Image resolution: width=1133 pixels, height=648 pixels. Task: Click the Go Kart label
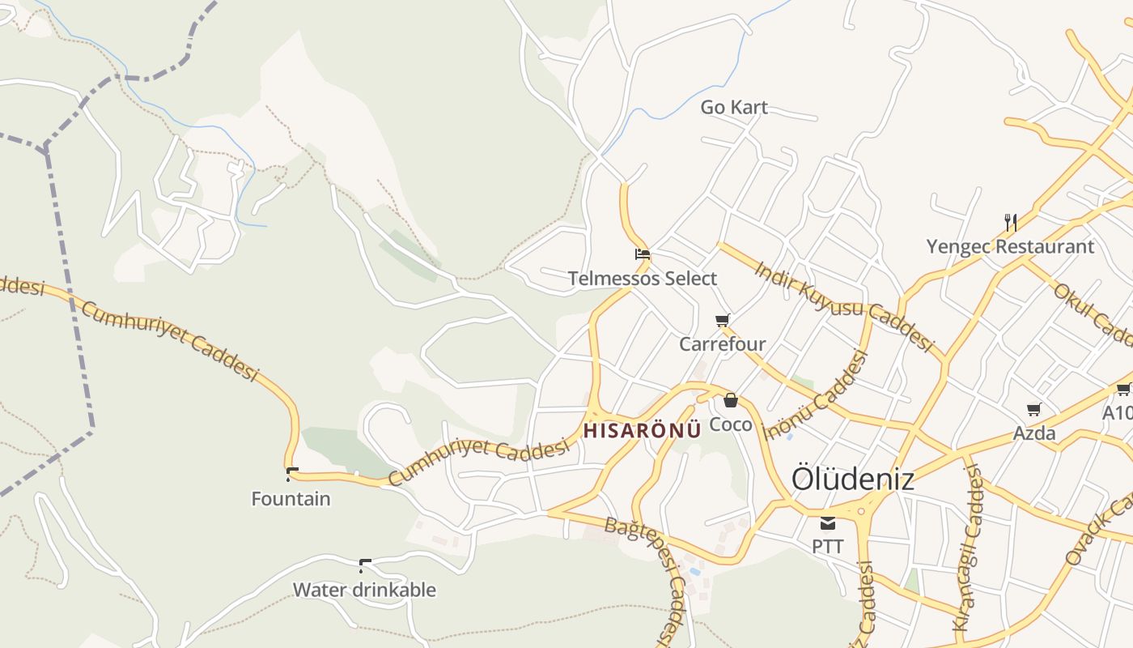(x=734, y=107)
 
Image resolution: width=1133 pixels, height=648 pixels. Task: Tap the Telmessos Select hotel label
(x=643, y=279)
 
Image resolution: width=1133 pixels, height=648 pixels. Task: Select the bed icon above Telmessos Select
(x=643, y=254)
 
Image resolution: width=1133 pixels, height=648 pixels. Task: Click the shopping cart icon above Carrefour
(x=723, y=320)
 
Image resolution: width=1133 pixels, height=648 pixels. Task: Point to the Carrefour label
(x=723, y=344)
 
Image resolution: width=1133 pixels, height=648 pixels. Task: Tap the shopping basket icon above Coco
(x=731, y=399)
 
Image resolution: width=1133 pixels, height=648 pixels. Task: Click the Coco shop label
(x=731, y=424)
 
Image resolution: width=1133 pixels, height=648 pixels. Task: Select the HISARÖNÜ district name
(x=643, y=430)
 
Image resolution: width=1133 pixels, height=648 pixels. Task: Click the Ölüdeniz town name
(x=853, y=478)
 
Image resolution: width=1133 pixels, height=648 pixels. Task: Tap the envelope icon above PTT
(x=827, y=522)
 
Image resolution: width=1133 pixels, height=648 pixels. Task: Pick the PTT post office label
(x=827, y=547)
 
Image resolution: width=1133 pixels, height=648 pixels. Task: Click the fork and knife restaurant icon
(x=1010, y=222)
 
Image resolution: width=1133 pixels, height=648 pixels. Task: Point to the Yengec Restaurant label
(x=1010, y=246)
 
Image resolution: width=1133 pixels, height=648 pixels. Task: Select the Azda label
(x=1034, y=433)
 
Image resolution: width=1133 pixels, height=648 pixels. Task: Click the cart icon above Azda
(x=1033, y=409)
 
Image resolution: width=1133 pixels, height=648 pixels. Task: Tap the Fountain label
(x=291, y=499)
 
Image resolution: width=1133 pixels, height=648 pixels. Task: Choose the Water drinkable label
(x=364, y=590)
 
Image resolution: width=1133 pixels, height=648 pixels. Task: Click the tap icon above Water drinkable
(x=365, y=564)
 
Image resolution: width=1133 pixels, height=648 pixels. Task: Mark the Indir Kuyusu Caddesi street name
(x=844, y=305)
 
